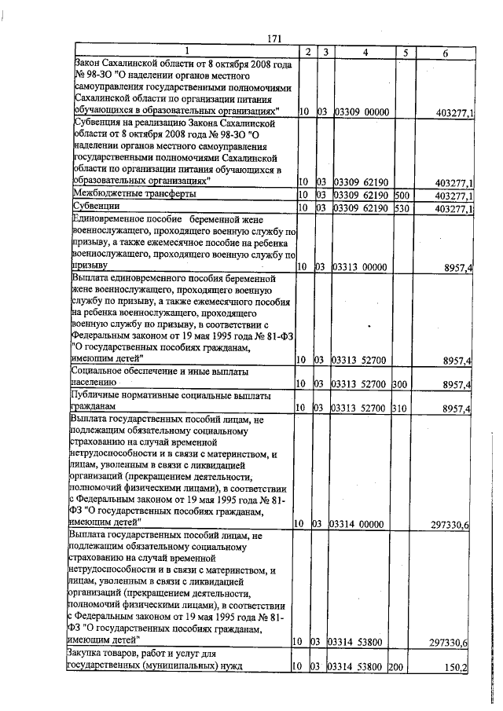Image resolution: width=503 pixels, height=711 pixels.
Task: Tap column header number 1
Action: (186, 53)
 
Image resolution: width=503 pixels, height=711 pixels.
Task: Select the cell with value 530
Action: (403, 207)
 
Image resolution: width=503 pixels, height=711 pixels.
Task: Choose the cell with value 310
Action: (403, 409)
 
